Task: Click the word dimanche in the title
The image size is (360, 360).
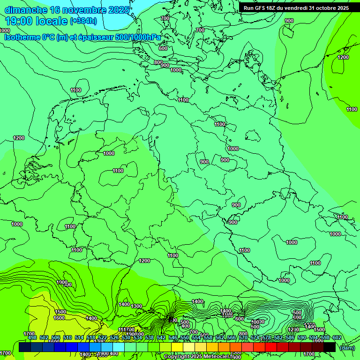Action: pyautogui.click(x=26, y=9)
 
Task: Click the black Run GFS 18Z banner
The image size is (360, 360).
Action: pyautogui.click(x=295, y=7)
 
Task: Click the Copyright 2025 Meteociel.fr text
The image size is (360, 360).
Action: pyautogui.click(x=199, y=356)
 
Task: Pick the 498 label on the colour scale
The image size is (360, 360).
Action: pyautogui.click(x=32, y=337)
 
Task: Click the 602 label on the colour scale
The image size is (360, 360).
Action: pyautogui.click(x=337, y=337)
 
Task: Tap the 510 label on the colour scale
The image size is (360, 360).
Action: pyautogui.click(x=67, y=337)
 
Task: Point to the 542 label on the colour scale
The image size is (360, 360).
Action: pyautogui.click(x=161, y=337)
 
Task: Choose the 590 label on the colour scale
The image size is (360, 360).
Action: pyautogui.click(x=302, y=337)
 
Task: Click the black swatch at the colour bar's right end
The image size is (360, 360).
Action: pyautogui.click(x=329, y=347)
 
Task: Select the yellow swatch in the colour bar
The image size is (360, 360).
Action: pyautogui.click(x=177, y=347)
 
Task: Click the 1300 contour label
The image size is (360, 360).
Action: pyautogui.click(x=136, y=306)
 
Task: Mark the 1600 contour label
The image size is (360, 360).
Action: pyautogui.click(x=59, y=318)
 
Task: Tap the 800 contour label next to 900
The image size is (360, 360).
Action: pyautogui.click(x=158, y=62)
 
